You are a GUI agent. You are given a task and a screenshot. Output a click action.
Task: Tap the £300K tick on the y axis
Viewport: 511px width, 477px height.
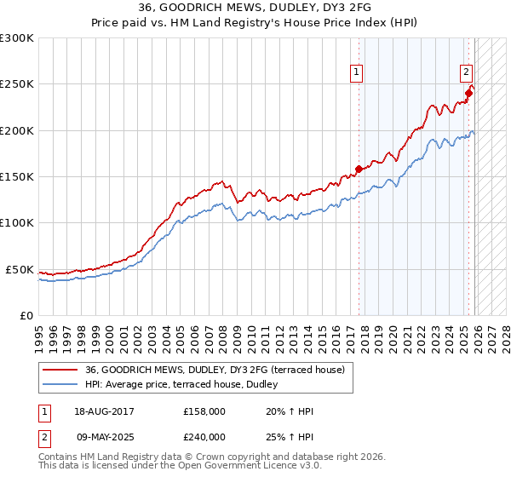point(17,38)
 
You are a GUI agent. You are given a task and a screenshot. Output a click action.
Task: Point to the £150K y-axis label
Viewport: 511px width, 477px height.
point(17,177)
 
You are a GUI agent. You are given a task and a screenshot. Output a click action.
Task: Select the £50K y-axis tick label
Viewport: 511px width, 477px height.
point(20,269)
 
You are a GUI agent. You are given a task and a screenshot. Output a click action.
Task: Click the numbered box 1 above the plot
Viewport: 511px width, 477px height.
point(357,73)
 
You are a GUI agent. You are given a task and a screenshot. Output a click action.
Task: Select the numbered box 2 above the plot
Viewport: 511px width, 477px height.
point(468,73)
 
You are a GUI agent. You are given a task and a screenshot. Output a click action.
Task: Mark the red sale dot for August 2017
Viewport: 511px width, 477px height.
point(359,169)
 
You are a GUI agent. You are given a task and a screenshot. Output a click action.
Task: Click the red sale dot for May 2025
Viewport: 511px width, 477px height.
point(468,93)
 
